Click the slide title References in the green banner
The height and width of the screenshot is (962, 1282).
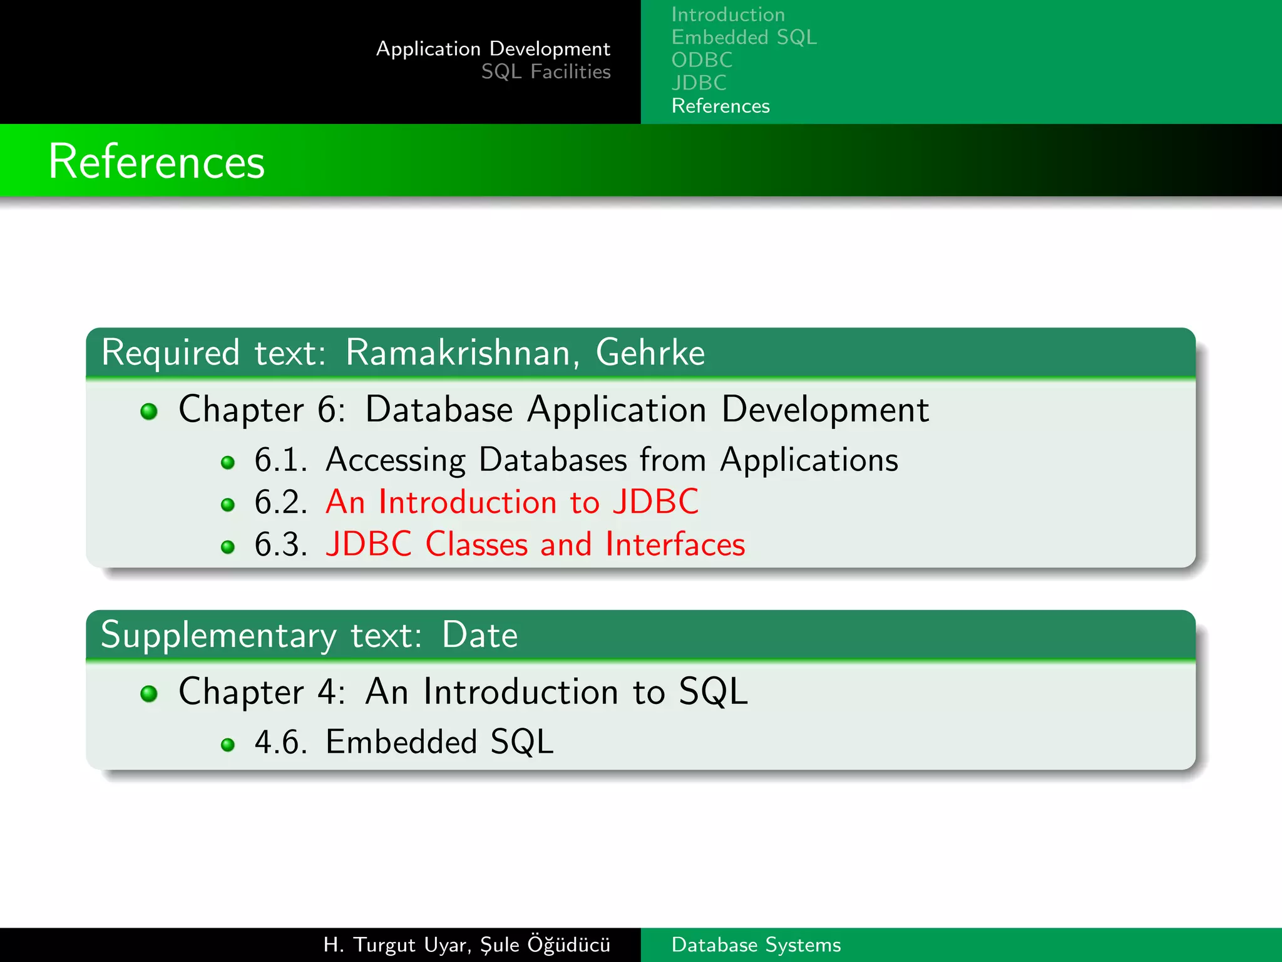pos(156,162)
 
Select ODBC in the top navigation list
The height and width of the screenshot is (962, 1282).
pos(702,60)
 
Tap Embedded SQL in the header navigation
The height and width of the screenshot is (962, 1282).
pos(744,38)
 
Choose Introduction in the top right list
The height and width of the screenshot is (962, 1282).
pos(727,14)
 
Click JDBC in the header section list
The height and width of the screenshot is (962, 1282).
pos(699,83)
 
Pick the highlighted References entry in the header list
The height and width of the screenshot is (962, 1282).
pos(720,106)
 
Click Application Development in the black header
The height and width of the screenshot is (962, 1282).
pos(493,49)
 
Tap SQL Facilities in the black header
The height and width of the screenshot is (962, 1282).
pos(545,72)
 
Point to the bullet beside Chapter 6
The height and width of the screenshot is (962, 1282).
pos(149,411)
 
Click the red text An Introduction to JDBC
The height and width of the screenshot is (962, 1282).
pos(511,502)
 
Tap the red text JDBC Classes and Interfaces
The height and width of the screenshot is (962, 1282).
pos(535,544)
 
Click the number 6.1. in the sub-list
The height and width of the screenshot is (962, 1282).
pos(280,460)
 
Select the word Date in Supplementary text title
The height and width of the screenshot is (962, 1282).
pos(479,635)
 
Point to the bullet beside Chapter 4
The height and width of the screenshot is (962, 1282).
pos(149,693)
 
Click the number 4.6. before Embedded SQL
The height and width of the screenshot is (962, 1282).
pos(280,743)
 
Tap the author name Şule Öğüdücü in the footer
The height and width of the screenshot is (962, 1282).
pos(545,944)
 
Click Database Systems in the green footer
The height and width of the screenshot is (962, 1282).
pos(756,945)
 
